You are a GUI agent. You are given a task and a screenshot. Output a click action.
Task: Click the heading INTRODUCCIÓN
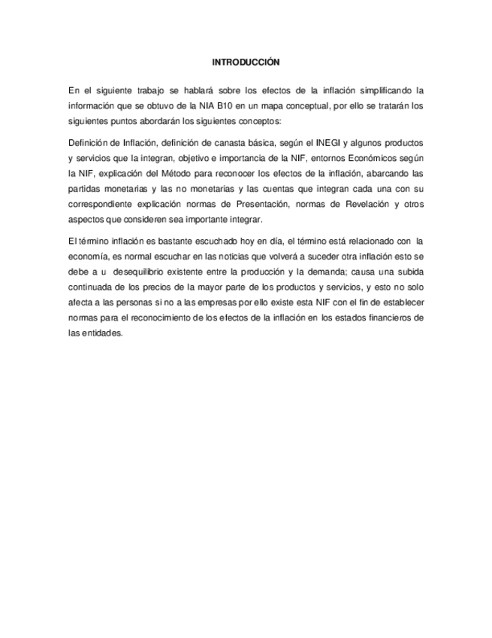point(246,62)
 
